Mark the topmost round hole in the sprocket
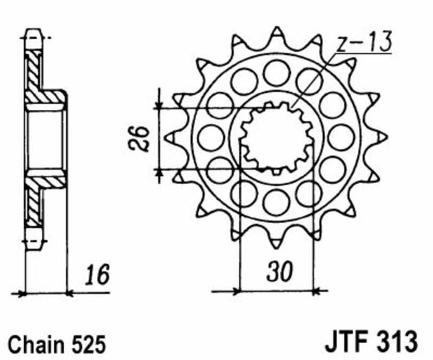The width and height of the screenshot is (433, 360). (x=276, y=71)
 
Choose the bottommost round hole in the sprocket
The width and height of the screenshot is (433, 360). (x=276, y=202)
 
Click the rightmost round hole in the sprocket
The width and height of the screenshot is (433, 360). (x=341, y=137)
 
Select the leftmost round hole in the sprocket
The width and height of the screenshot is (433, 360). (x=211, y=137)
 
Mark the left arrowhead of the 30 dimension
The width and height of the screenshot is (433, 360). (x=243, y=290)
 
